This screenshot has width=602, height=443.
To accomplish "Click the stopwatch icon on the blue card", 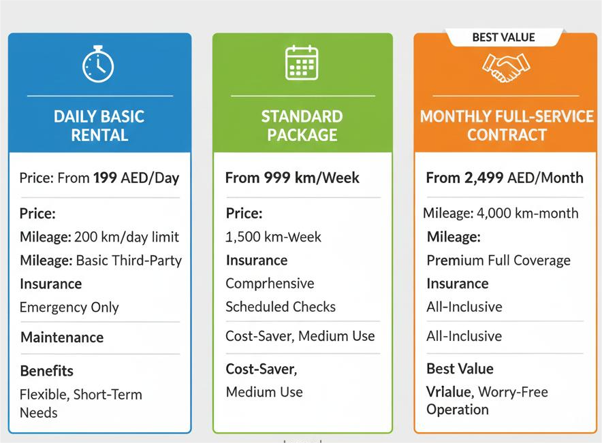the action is pyautogui.click(x=98, y=64).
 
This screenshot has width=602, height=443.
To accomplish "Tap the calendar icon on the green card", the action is pyautogui.click(x=302, y=63).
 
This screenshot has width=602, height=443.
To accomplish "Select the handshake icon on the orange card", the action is pyautogui.click(x=506, y=68).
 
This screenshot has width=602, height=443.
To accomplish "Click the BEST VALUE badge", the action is pyautogui.click(x=503, y=37).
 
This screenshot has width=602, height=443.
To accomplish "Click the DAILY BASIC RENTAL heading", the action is pyautogui.click(x=99, y=126).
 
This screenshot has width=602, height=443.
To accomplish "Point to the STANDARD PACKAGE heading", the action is pyautogui.click(x=302, y=126).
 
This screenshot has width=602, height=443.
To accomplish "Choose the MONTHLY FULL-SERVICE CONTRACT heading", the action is pyautogui.click(x=507, y=126).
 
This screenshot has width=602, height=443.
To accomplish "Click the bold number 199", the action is pyautogui.click(x=105, y=178).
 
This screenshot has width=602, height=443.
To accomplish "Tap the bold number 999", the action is pyautogui.click(x=276, y=178).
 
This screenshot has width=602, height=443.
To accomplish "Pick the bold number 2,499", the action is pyautogui.click(x=484, y=178).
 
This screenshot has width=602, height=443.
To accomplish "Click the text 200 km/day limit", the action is pyautogui.click(x=126, y=237).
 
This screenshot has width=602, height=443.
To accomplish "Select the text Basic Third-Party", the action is pyautogui.click(x=129, y=261).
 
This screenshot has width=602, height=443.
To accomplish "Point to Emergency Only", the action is pyautogui.click(x=69, y=307).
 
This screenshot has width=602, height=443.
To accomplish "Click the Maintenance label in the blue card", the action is pyautogui.click(x=62, y=338).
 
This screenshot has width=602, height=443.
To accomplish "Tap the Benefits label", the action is pyautogui.click(x=47, y=371).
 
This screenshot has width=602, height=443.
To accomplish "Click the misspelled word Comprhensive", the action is pyautogui.click(x=270, y=284).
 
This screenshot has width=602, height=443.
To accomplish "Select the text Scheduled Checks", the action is pyautogui.click(x=281, y=307).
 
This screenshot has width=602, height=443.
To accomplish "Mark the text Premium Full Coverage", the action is pyautogui.click(x=498, y=261).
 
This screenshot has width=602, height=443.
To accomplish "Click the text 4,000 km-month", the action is pyautogui.click(x=528, y=213).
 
